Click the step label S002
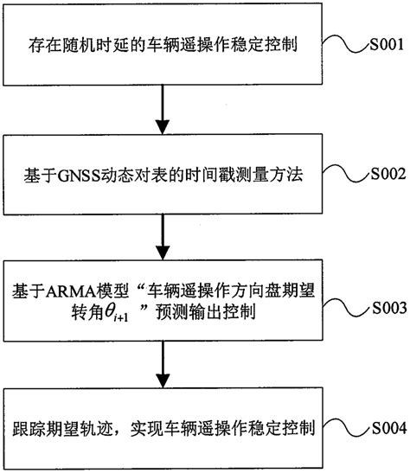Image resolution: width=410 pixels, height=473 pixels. (x=377, y=173)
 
